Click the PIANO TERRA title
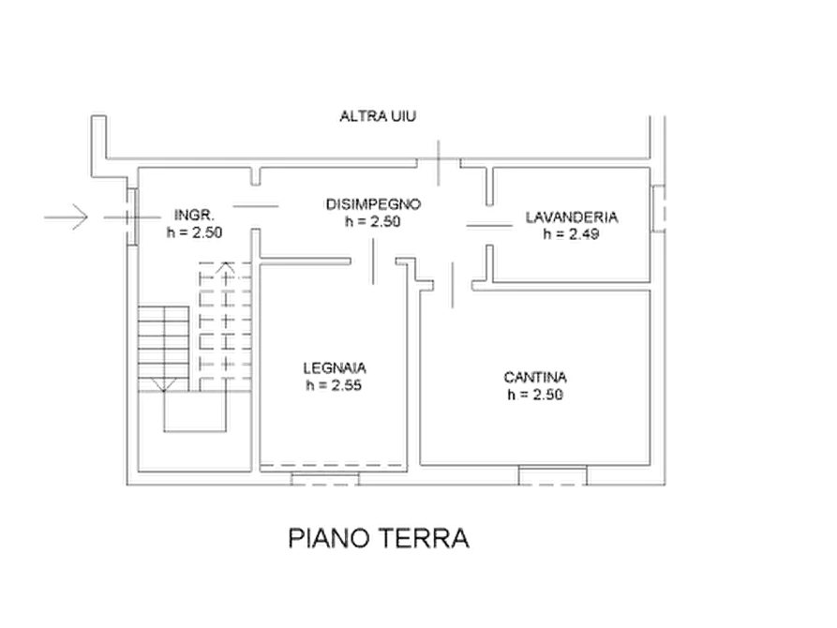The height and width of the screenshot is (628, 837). (x=379, y=538)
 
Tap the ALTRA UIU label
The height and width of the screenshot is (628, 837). (x=378, y=116)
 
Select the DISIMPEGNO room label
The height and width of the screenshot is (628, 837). (x=373, y=204)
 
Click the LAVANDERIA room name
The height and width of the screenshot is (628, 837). (x=572, y=217)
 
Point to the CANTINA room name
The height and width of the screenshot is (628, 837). (x=535, y=377)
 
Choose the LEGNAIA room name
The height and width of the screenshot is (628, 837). (x=335, y=368)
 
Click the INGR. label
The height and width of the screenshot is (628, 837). (x=194, y=216)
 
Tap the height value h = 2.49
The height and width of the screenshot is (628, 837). (x=571, y=234)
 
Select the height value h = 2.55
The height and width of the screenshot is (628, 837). (x=334, y=385)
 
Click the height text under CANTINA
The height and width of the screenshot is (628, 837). (x=535, y=395)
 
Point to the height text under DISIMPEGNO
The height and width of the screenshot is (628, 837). (x=373, y=221)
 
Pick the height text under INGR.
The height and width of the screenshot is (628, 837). (x=194, y=232)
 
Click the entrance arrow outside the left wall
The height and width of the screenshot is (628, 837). (x=66, y=217)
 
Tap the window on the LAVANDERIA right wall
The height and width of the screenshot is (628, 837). (x=659, y=208)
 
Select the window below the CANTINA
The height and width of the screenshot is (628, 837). (x=552, y=475)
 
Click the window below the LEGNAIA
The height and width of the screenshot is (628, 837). (x=324, y=479)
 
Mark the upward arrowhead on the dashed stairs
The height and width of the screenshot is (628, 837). (x=226, y=267)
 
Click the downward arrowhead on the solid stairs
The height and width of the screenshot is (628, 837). (x=163, y=385)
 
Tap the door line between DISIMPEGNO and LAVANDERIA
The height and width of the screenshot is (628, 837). (x=489, y=226)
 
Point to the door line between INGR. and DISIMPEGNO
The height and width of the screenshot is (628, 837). (x=255, y=206)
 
